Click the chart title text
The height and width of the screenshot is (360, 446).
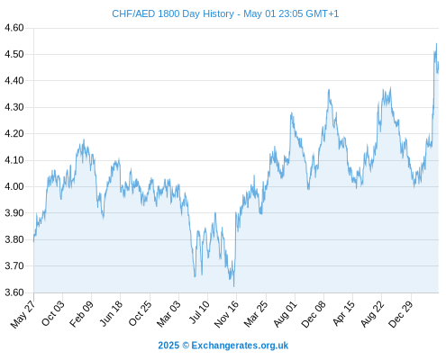coord(225,13)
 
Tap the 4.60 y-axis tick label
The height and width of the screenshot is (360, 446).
coord(14,28)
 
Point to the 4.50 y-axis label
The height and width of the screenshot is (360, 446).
coord(14,54)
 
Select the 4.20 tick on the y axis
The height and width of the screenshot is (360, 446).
coord(14,133)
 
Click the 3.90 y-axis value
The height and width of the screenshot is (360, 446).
coord(14,213)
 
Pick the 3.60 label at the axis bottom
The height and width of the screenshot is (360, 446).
coord(14,292)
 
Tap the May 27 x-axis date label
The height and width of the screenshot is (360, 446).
coord(23,313)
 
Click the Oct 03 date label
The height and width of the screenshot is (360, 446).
coord(52,313)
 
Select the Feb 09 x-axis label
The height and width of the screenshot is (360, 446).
coord(81,313)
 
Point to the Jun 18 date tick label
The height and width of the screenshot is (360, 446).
coord(111,313)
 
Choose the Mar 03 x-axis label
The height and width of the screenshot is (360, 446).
coord(168,313)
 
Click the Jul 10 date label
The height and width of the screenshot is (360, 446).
coord(199,312)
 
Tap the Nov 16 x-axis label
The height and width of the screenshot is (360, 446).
coord(226,314)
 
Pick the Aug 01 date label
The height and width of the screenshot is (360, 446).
coord(285,313)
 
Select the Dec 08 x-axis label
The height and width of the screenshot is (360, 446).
coord(314,314)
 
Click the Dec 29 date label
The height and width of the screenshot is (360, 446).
coord(400,314)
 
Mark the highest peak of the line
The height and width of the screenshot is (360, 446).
coord(436,43)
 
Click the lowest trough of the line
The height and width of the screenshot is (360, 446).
coord(233,286)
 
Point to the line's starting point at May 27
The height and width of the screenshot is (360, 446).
coord(33,241)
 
